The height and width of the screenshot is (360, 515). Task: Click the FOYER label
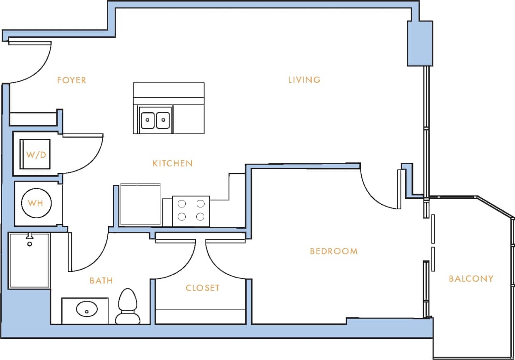point(72,80)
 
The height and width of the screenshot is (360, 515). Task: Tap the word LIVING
point(305,80)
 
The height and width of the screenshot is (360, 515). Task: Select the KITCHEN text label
point(173,163)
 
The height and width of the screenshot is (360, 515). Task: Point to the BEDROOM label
point(334,251)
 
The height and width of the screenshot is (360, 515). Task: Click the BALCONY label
point(471,279)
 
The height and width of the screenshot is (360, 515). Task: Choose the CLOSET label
point(202,288)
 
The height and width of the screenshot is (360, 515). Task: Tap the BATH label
point(101,281)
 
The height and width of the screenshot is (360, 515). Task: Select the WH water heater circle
point(36,203)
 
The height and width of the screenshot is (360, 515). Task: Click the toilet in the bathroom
point(127,307)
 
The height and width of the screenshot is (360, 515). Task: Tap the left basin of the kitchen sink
point(147,120)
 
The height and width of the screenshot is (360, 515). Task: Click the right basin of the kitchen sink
point(163,120)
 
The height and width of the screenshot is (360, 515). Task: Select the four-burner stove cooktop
point(191,210)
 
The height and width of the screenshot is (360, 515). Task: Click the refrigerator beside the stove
point(140,205)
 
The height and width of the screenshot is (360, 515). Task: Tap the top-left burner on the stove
point(181,203)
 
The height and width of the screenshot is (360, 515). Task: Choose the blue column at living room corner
point(420,43)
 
